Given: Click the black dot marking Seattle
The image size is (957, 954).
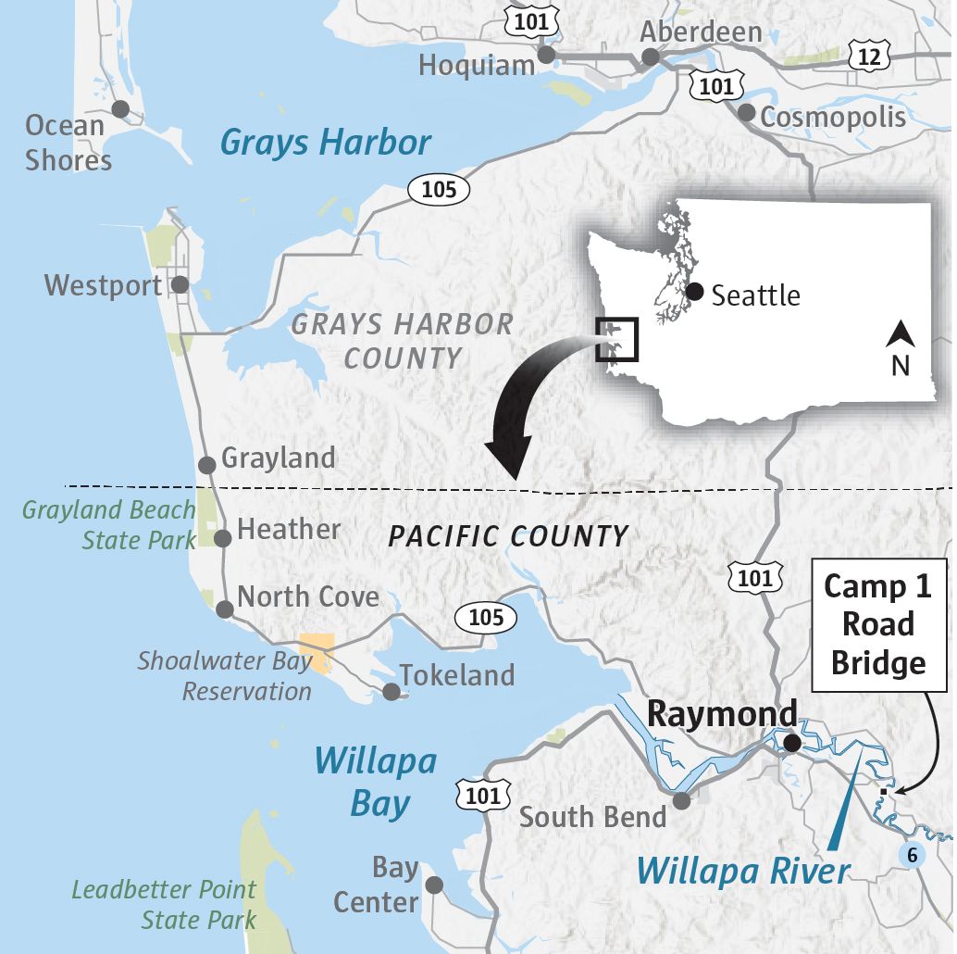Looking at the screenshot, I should point(695,292).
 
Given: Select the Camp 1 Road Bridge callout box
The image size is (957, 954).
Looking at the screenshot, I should point(878,624).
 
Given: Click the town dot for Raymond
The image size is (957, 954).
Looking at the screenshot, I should point(791,743).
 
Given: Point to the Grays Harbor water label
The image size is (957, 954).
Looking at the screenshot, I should point(326,143).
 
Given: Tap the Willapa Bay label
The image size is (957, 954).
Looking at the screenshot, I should point(375,783).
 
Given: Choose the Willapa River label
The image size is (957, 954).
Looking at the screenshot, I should point(743,871).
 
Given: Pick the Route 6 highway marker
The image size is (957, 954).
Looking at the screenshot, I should point(913,854).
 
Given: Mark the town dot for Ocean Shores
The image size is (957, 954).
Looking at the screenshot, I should point(120,109).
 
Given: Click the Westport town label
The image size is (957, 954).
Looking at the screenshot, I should point(103,285).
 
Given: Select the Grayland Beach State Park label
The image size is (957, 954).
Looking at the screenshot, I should point(110,524).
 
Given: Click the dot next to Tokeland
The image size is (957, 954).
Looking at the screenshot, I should point(391,691).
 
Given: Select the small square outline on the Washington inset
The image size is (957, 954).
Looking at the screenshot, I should point(617,339).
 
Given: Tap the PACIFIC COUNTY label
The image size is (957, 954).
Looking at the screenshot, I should point(508,535).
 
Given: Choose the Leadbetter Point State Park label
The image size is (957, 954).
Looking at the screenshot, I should point(165,905).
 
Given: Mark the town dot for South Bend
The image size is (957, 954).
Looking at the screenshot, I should point(681,801).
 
